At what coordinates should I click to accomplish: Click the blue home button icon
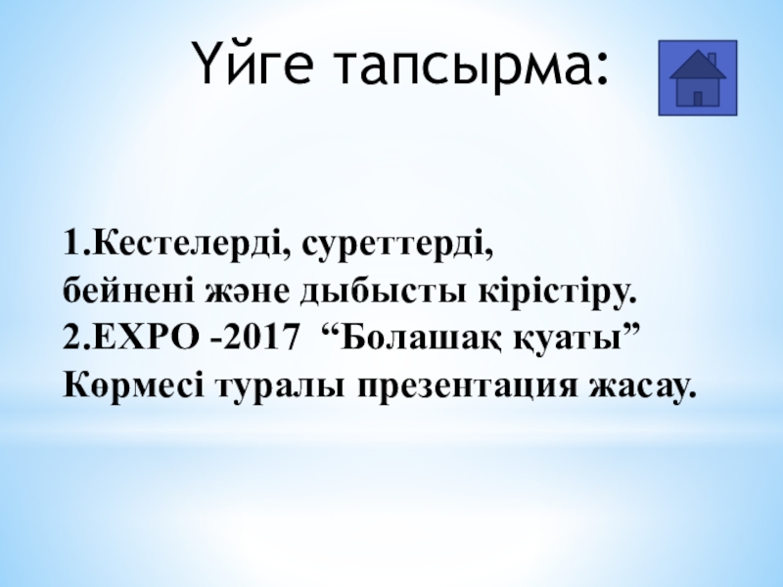(x=698, y=78)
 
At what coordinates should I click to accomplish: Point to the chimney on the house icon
(x=712, y=60)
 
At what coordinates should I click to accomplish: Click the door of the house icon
(x=698, y=99)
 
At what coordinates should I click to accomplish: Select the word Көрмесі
(x=133, y=384)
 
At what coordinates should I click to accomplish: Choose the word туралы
(x=281, y=387)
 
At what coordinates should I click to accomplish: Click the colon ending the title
(x=601, y=68)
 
